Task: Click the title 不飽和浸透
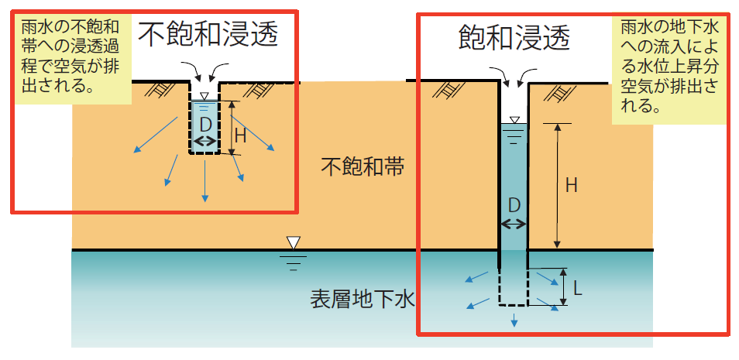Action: [x=208, y=33]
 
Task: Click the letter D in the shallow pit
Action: [x=205, y=124]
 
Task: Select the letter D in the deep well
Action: [x=513, y=205]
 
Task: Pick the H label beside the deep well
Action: [x=571, y=185]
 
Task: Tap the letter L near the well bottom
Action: [x=577, y=287]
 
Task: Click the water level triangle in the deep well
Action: [x=513, y=119]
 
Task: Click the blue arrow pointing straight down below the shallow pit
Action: [x=205, y=183]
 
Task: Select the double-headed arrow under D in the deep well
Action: [x=513, y=224]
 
